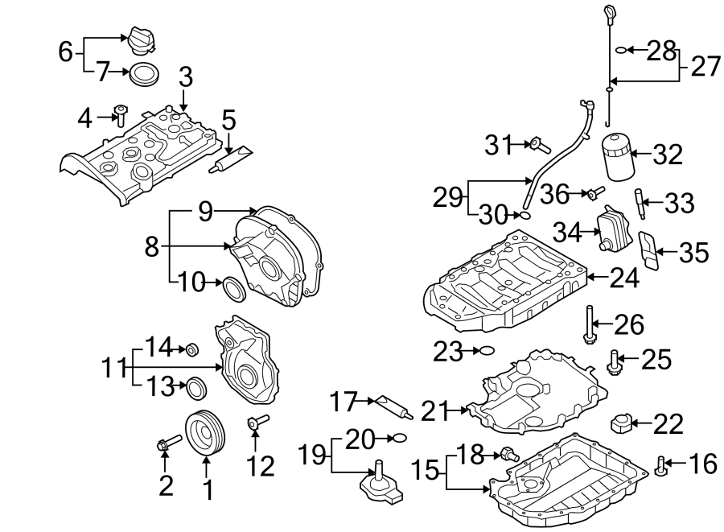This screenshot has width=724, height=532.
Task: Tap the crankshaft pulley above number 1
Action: point(205,434)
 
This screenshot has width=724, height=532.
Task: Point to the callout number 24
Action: point(624,278)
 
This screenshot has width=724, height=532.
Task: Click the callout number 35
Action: point(693,253)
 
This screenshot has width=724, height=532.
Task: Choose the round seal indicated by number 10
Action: point(234,287)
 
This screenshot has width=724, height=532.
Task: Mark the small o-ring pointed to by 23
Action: point(484,350)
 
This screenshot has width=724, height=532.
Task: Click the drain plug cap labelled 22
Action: point(623,422)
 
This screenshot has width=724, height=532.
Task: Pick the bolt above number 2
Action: point(167,444)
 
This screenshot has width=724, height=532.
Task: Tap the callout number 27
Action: point(705,65)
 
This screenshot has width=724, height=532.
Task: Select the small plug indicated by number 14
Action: point(192,350)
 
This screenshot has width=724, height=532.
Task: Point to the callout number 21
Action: point(434,410)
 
